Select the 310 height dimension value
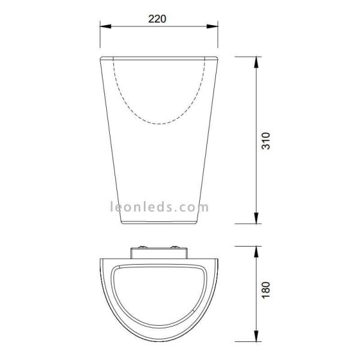(268, 140)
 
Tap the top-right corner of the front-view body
(217, 58)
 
